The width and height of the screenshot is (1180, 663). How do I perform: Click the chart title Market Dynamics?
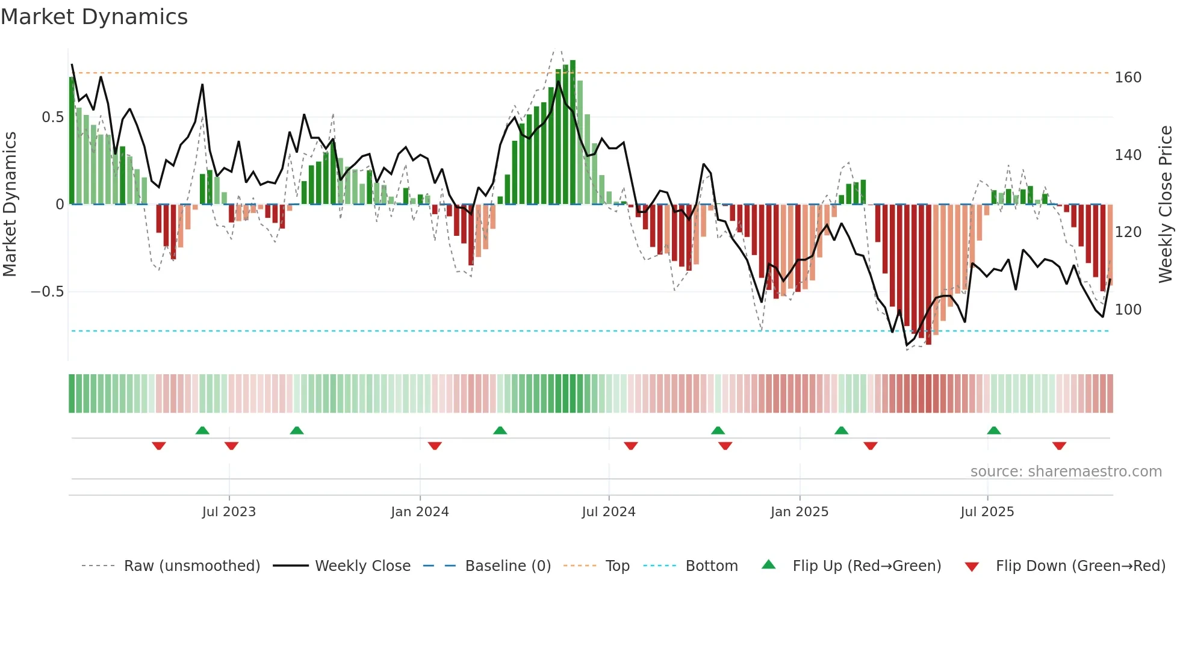95,17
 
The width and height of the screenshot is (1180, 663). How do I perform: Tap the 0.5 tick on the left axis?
52,117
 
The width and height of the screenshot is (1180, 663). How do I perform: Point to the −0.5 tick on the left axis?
47,292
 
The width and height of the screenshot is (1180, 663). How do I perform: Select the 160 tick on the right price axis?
1128,78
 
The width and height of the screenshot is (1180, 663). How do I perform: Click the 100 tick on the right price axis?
1128,310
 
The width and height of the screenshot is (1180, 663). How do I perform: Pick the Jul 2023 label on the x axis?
229,512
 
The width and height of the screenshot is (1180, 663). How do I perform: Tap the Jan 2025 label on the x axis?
799,512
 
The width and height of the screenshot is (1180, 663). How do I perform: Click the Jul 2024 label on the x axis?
608,512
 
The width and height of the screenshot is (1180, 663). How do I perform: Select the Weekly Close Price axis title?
1166,205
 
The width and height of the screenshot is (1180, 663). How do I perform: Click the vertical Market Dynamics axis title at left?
10,205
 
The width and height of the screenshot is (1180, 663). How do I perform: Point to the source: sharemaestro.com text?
1066,472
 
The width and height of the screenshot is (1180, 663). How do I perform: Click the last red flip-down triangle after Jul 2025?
1059,446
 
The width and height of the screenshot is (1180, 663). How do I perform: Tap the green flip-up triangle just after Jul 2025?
994,430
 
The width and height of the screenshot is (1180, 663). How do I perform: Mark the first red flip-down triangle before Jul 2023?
159,446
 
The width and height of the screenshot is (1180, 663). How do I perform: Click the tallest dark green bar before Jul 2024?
573,132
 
